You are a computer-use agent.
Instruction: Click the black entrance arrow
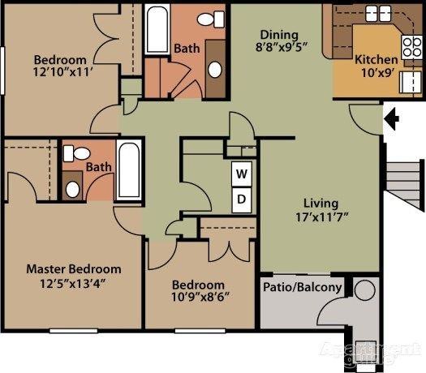click(392, 120)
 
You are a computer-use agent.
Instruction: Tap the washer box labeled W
click(242, 174)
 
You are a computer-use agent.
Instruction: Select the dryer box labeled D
click(242, 199)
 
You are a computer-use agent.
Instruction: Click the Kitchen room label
click(377, 60)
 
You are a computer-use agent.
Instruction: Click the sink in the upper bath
click(216, 68)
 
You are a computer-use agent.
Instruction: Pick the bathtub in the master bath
click(128, 172)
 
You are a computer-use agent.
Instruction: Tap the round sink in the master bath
click(72, 189)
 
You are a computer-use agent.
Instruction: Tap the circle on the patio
click(364, 290)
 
